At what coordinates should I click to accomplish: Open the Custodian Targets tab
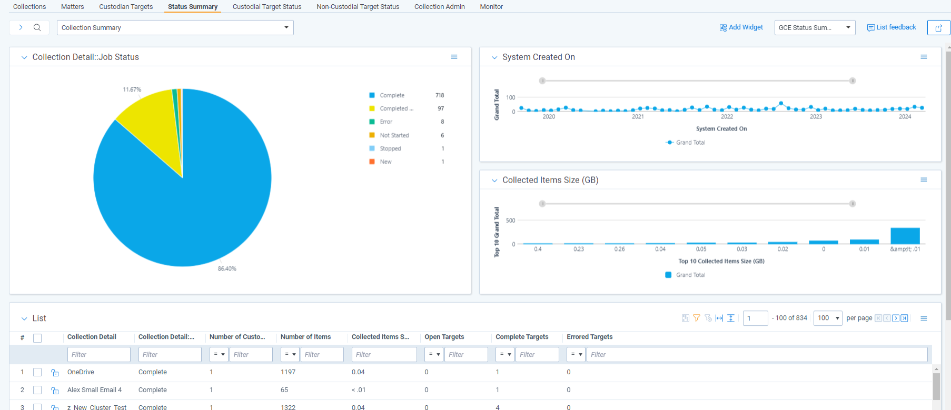pyautogui.click(x=126, y=7)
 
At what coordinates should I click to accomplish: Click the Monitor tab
pyautogui.click(x=491, y=7)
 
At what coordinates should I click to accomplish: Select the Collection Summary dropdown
pyautogui.click(x=175, y=27)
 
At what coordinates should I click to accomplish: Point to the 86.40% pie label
pyautogui.click(x=227, y=268)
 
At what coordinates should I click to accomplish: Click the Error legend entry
pyautogui.click(x=386, y=122)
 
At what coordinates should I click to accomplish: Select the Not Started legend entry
pyautogui.click(x=394, y=135)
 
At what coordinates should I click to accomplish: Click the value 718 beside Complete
pyautogui.click(x=440, y=95)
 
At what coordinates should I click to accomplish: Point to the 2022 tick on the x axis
pyautogui.click(x=727, y=117)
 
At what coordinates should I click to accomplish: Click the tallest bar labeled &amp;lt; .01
pyautogui.click(x=905, y=236)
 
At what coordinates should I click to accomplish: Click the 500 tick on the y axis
pyautogui.click(x=510, y=221)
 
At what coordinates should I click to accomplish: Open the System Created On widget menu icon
pyautogui.click(x=924, y=57)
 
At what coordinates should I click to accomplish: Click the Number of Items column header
pyautogui.click(x=305, y=337)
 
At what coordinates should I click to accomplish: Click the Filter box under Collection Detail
pyautogui.click(x=98, y=354)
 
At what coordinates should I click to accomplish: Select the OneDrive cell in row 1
pyautogui.click(x=81, y=372)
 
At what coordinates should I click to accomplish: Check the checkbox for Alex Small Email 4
pyautogui.click(x=37, y=390)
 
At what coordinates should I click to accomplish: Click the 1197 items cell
pyautogui.click(x=288, y=372)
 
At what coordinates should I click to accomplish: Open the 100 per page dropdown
pyautogui.click(x=828, y=318)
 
